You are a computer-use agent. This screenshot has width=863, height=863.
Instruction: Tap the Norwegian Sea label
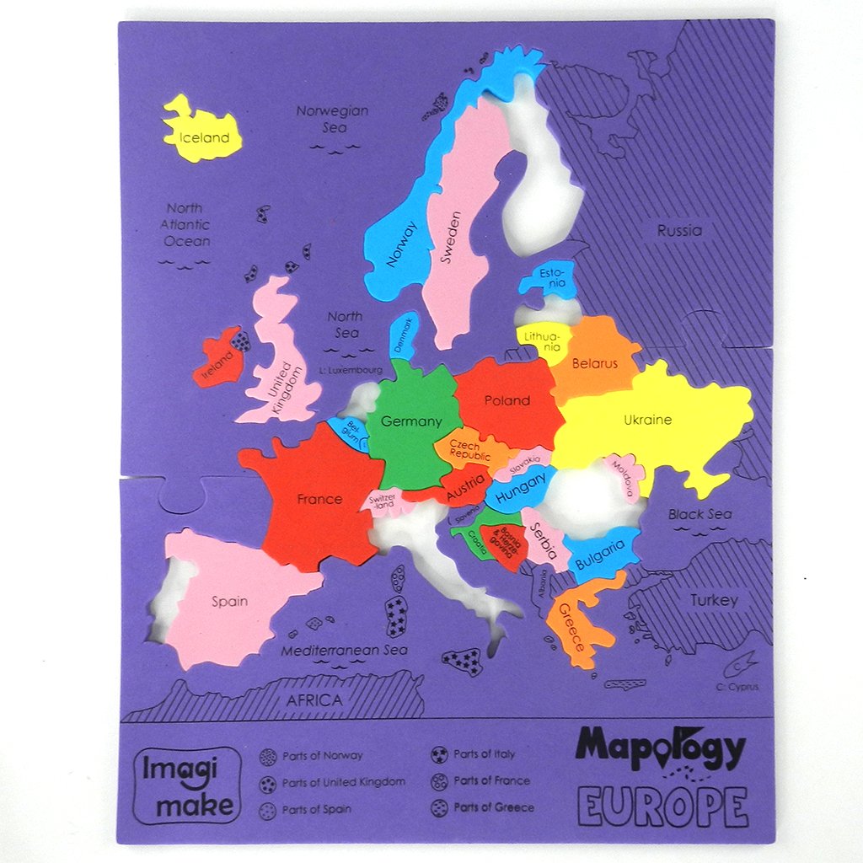pos(333,119)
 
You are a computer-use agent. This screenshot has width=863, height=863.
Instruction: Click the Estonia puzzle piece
pos(550,278)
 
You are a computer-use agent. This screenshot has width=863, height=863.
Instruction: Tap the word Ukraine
pos(647,420)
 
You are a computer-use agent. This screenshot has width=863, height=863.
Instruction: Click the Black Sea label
pos(700,514)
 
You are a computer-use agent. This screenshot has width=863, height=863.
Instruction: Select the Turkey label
pos(714,600)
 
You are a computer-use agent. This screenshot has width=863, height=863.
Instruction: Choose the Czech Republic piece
pos(469,449)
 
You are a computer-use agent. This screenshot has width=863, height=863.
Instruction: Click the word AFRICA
pos(314,700)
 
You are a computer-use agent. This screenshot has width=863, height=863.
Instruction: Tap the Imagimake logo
pos(186,785)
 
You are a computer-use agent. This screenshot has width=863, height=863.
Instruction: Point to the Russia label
pos(679,230)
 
